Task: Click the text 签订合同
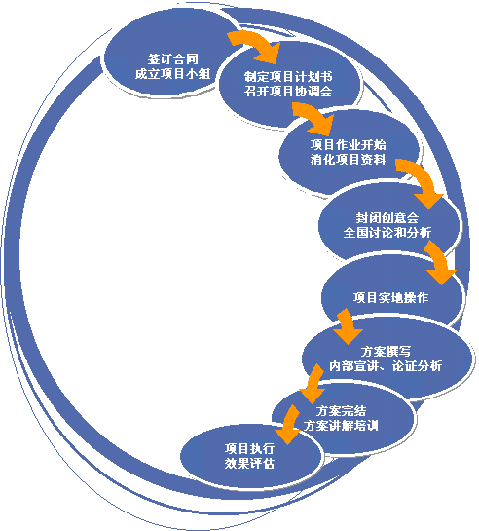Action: (172, 59)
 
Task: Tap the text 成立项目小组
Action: (172, 74)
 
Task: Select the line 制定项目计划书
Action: (288, 77)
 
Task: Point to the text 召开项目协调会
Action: (288, 91)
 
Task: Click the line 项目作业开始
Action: (349, 145)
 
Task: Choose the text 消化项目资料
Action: (349, 160)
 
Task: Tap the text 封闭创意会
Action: (387, 217)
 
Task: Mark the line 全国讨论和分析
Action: (387, 233)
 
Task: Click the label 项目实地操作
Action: (390, 298)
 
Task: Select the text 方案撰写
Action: (386, 351)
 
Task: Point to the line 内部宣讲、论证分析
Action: (386, 366)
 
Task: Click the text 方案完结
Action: (341, 411)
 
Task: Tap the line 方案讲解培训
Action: (341, 426)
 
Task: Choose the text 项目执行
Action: (249, 449)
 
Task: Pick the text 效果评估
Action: (249, 463)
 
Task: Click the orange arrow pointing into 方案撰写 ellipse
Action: (348, 325)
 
